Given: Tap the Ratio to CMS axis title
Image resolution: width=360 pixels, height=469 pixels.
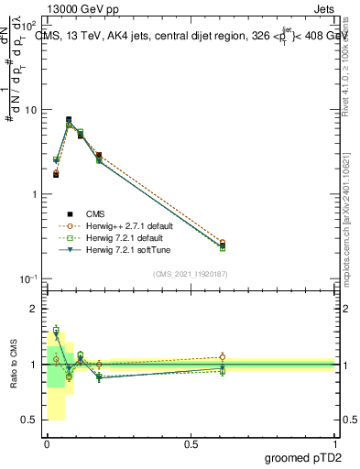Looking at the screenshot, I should click(14, 365).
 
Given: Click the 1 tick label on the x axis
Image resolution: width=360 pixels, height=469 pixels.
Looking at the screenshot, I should click(335, 444).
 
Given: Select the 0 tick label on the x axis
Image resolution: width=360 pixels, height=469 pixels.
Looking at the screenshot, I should click(47, 444).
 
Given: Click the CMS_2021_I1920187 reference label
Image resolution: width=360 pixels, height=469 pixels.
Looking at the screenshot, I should click(191, 273).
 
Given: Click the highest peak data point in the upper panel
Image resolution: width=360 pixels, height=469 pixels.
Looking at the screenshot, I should click(69, 120).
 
